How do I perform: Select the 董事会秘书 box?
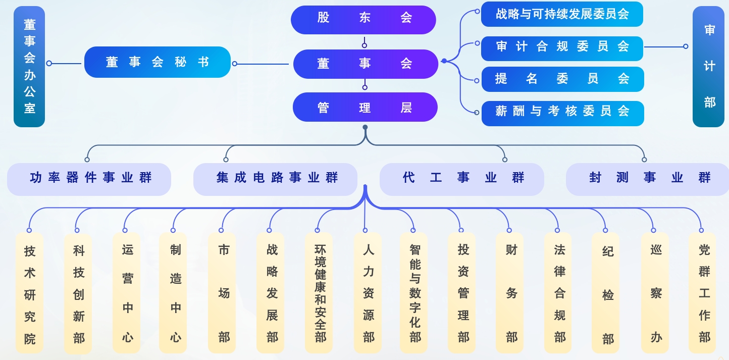click(x=157, y=62)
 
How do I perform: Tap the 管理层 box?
click(x=365, y=107)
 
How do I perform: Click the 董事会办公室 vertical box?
click(x=29, y=66)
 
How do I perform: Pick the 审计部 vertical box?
click(x=709, y=66)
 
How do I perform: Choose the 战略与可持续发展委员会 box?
click(x=562, y=14)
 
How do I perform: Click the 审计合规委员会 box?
click(x=562, y=47)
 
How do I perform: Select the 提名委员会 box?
click(x=562, y=79)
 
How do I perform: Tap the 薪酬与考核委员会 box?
click(x=562, y=112)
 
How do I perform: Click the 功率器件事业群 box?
click(x=89, y=179)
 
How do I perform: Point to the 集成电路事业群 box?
click(x=275, y=179)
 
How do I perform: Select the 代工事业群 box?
click(x=461, y=179)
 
